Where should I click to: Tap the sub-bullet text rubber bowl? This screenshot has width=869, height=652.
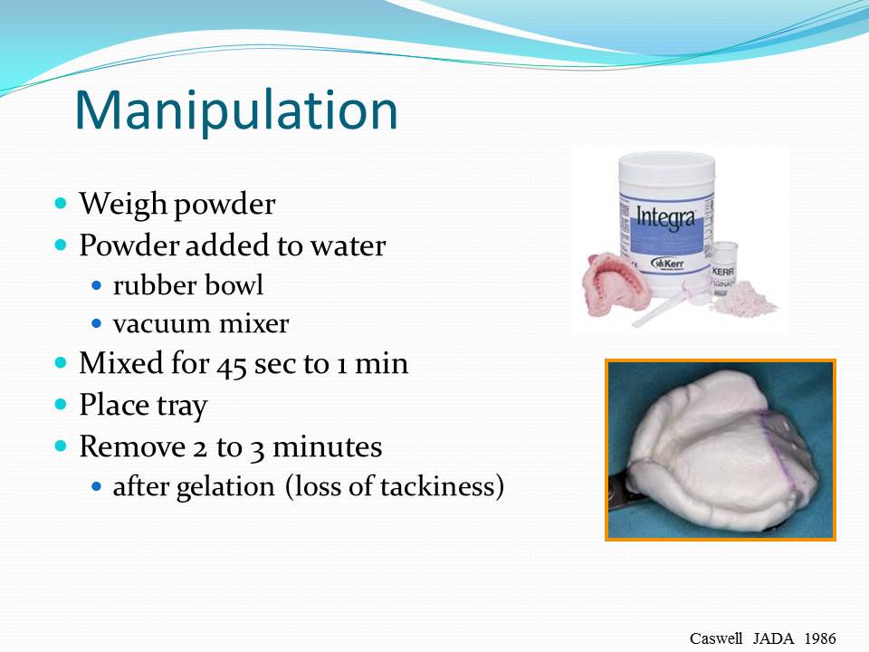pyautogui.click(x=188, y=285)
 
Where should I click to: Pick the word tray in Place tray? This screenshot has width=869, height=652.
pyautogui.click(x=183, y=405)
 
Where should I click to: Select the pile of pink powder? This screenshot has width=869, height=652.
pyautogui.click(x=744, y=299)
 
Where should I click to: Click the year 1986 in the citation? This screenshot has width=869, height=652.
pyautogui.click(x=818, y=638)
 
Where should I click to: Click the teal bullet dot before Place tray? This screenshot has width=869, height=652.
pyautogui.click(x=62, y=405)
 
